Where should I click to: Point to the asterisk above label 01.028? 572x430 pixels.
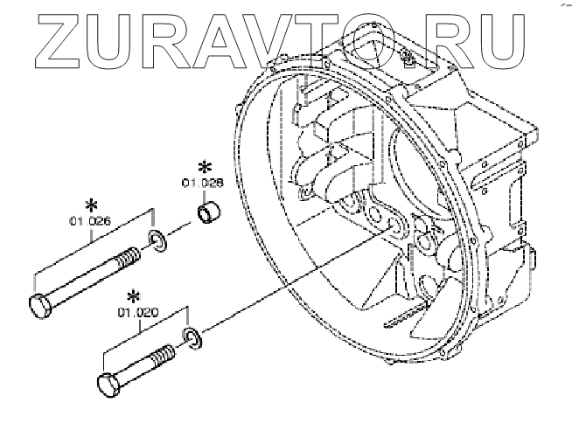tap(206, 167)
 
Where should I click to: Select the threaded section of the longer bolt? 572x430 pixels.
tap(127, 260)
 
